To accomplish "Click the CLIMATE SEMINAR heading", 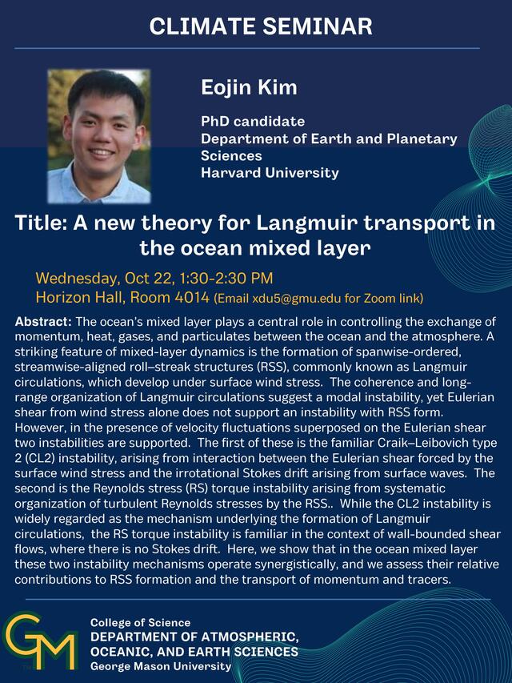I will [x=261, y=26].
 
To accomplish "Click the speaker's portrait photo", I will [x=98, y=137].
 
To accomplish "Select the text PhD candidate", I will [x=253, y=122].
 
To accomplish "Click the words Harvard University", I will [x=270, y=172].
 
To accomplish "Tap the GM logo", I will [x=42, y=641].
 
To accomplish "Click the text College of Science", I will [x=140, y=622].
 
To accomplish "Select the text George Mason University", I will [x=160, y=666].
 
